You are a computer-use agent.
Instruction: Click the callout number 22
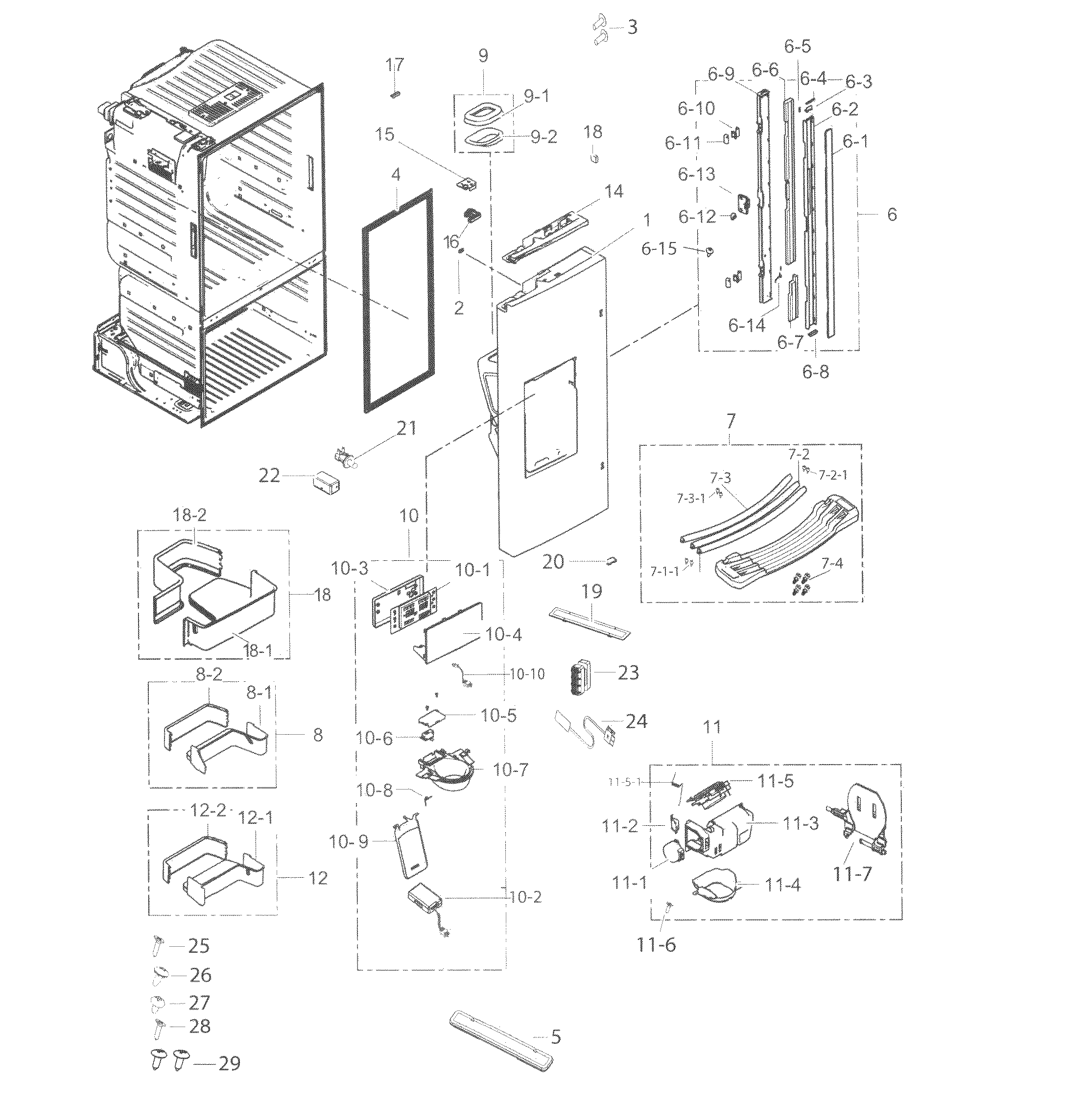point(269,476)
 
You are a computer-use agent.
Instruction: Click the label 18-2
point(189,515)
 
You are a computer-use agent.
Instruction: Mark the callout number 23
point(628,672)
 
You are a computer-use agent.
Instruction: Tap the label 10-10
point(527,673)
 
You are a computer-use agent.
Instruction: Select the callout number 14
point(614,192)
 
